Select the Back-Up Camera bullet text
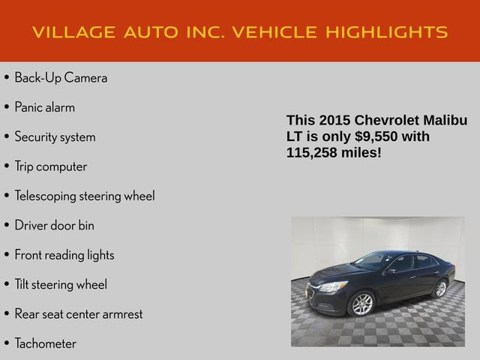click(x=61, y=78)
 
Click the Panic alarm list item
click(x=44, y=107)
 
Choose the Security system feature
click(x=55, y=137)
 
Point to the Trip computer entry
click(x=50, y=166)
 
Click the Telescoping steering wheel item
click(x=84, y=196)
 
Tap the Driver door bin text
click(x=54, y=225)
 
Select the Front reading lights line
click(x=64, y=255)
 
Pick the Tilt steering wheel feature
click(x=61, y=284)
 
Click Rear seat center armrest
click(x=78, y=313)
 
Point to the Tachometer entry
click(x=45, y=343)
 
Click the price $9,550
click(x=373, y=136)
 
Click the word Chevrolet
click(x=388, y=121)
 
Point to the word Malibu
click(x=445, y=121)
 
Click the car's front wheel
click(x=361, y=304)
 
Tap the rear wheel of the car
click(x=440, y=288)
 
